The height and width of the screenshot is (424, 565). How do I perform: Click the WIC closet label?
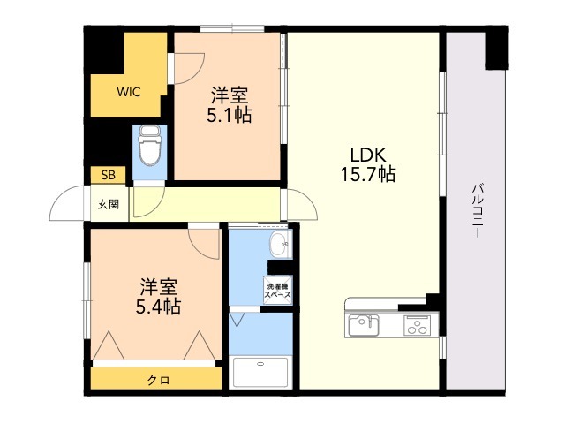coord(129,92)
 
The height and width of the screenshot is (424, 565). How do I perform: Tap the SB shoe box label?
coord(108,175)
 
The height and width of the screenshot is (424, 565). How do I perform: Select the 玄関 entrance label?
coord(109,205)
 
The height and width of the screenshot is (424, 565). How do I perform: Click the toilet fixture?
coord(149,145)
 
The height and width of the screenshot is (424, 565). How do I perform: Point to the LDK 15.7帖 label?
coord(368,164)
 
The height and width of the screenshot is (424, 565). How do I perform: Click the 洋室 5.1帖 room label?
coord(230,105)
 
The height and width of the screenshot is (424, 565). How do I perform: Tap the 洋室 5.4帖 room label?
coord(158,297)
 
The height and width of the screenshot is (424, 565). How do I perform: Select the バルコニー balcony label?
coord(478,210)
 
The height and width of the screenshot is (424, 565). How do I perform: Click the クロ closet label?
coord(159,380)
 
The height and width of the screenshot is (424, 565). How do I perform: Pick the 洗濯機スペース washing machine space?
coord(278,291)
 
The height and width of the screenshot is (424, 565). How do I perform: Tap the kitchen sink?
coord(364,325)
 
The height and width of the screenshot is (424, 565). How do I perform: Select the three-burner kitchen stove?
coord(417,326)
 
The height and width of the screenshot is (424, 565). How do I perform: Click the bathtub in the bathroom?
coord(260,372)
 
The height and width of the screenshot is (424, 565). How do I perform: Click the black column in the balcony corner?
coord(496,48)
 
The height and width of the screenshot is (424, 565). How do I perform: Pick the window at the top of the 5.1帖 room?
coord(232,28)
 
